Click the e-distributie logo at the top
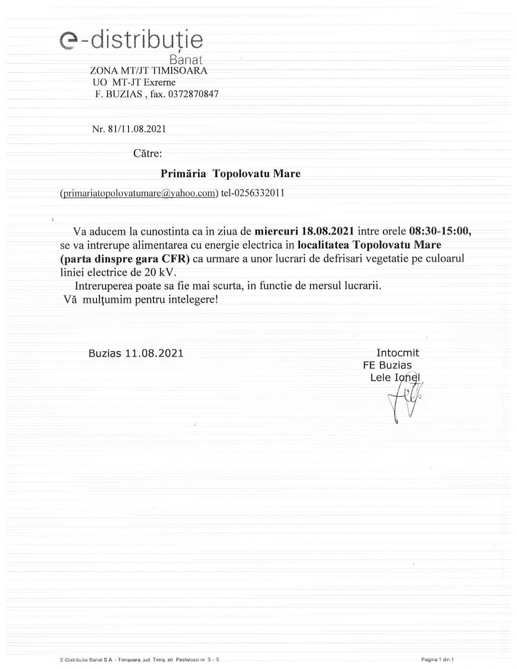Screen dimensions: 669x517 (131, 41)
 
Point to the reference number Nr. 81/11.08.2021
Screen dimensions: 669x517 (129, 129)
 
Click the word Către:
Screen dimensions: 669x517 (148, 153)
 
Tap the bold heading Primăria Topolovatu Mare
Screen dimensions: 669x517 (230, 173)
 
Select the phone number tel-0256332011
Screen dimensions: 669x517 (253, 193)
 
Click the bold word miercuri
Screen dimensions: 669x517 (276, 232)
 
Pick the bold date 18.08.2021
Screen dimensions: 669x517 (328, 232)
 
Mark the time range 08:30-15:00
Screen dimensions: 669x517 (440, 232)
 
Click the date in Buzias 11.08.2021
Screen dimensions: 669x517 (154, 353)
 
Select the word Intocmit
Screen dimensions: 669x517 (398, 353)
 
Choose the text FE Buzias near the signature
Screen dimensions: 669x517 (387, 366)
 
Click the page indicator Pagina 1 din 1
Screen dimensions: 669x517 (437, 659)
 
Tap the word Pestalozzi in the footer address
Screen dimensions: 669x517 (188, 659)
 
